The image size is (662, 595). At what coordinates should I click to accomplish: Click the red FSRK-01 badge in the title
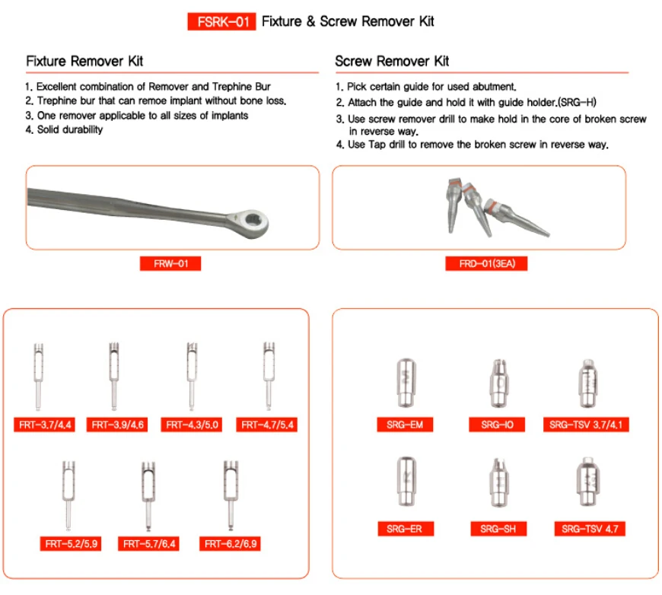click(x=221, y=21)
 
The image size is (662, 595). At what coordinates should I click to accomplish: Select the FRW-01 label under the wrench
click(x=170, y=264)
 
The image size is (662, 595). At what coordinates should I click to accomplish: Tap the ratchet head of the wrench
click(x=253, y=222)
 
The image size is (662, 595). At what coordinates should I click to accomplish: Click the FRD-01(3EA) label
click(x=486, y=264)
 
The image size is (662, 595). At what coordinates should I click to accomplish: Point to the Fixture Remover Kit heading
click(x=84, y=60)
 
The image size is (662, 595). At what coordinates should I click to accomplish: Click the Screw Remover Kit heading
click(x=392, y=60)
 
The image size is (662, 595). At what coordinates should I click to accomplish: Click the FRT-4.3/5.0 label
click(x=193, y=425)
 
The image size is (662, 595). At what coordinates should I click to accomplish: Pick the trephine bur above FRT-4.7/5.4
click(x=267, y=376)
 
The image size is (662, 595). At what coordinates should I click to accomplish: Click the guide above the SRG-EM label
click(x=405, y=384)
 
